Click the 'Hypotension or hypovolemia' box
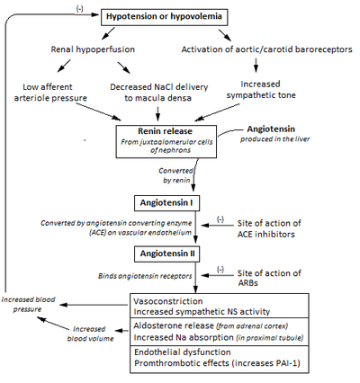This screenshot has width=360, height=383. (164, 17)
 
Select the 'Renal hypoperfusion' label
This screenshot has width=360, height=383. (93, 49)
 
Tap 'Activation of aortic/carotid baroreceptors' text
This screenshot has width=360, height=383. (266, 49)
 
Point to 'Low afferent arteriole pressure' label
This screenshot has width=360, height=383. (50, 93)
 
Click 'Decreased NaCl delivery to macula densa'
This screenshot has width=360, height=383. (158, 93)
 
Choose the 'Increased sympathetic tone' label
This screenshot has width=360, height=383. (261, 90)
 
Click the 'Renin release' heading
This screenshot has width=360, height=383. (166, 131)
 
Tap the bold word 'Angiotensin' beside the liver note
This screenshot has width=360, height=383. (271, 129)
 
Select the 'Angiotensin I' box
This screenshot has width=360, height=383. (166, 203)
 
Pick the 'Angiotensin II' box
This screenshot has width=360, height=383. (167, 254)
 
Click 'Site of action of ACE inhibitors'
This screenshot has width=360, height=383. (269, 228)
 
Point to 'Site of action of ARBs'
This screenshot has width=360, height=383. (269, 278)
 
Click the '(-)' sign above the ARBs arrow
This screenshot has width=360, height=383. (220, 270)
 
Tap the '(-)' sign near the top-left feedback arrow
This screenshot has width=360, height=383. (79, 9)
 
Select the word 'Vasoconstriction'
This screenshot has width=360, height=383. (168, 301)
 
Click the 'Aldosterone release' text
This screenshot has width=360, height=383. (174, 325)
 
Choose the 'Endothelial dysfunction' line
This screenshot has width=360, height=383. (183, 352)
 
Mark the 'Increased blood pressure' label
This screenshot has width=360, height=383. (28, 304)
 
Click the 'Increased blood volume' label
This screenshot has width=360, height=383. (90, 334)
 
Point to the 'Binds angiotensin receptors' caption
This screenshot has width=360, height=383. (145, 276)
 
